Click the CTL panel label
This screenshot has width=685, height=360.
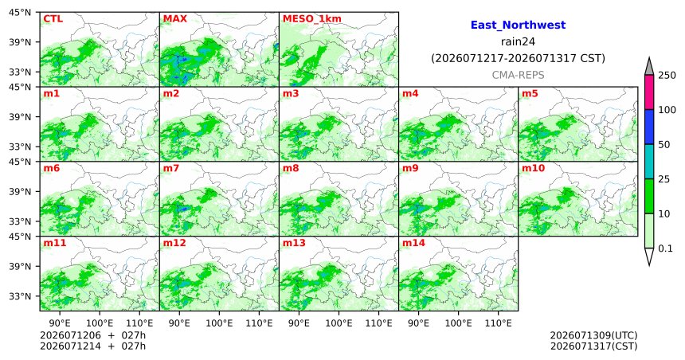(53, 19)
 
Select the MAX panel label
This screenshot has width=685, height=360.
(174, 19)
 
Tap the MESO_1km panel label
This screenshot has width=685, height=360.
(312, 19)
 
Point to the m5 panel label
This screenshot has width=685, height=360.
(530, 93)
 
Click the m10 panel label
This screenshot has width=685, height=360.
(533, 168)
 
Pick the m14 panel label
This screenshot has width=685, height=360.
(413, 243)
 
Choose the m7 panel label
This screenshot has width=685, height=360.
(171, 168)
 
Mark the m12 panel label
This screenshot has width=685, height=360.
(174, 243)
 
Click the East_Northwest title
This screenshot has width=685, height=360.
(518, 25)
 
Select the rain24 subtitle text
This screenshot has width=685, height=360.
(518, 42)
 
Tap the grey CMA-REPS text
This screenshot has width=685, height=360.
(518, 75)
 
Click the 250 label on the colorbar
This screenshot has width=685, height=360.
(667, 76)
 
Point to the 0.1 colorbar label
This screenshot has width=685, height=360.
(665, 248)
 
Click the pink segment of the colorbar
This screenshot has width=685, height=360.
(649, 92)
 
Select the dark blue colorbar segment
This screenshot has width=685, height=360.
(649, 127)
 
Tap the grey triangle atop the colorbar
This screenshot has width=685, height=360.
(649, 66)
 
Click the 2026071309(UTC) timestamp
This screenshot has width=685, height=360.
(593, 335)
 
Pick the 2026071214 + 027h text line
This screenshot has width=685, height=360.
(92, 346)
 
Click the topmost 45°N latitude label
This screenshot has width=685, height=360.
(20, 13)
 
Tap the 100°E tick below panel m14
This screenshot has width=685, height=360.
(459, 323)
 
